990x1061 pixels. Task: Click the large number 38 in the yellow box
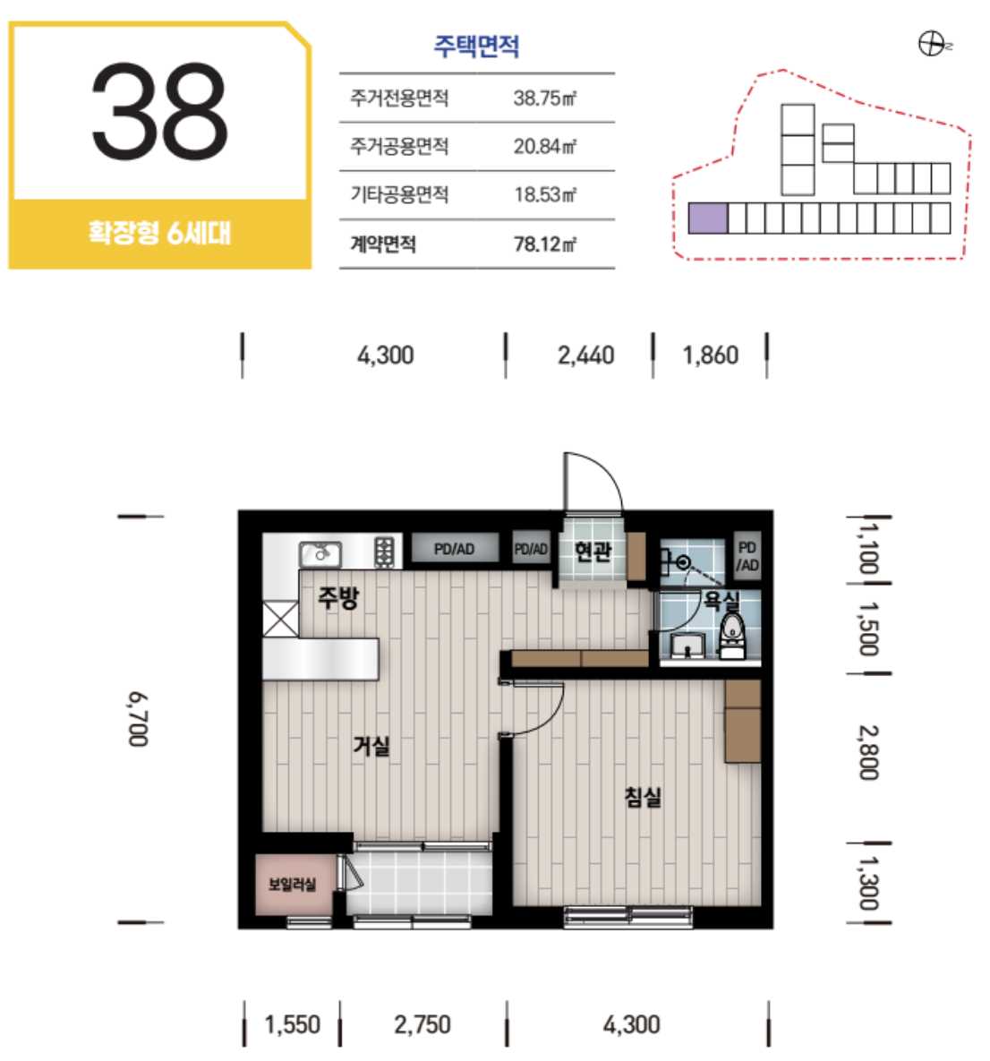159,111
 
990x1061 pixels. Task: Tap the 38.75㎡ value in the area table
545,98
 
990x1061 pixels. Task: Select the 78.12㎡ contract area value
545,244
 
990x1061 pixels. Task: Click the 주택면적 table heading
476,46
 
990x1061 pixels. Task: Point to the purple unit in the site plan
707,218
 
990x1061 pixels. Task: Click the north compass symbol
932,45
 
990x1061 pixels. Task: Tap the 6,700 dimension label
138,719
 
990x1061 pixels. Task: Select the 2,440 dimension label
586,355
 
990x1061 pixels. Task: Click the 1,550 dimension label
293,1024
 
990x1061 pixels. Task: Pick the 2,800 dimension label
869,752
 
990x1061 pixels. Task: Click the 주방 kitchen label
338,597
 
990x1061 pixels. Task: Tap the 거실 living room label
371,746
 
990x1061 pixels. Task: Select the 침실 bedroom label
643,797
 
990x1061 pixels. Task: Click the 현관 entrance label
593,552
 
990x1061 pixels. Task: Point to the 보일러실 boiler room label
293,885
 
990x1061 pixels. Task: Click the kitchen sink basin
320,555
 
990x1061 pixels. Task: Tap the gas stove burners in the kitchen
384,552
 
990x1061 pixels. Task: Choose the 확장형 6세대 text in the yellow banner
159,233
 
